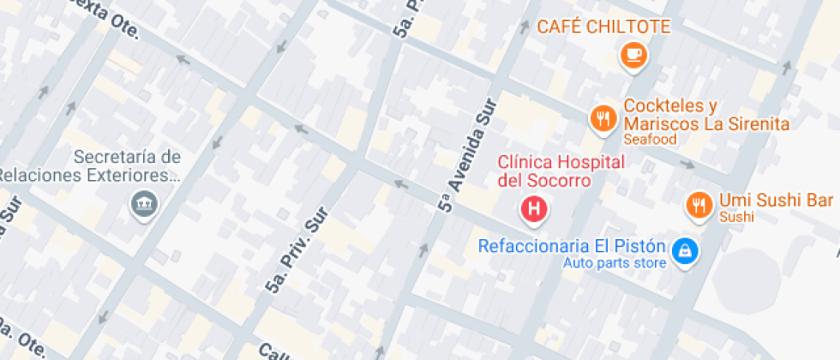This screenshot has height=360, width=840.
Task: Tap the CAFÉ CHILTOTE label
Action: [x=603, y=27]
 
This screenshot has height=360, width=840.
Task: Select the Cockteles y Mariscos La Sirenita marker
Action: [x=603, y=118]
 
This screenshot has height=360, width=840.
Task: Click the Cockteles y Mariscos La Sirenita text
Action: [x=706, y=115]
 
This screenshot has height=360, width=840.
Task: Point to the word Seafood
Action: [x=650, y=140]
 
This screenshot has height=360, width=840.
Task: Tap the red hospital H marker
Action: [x=536, y=207]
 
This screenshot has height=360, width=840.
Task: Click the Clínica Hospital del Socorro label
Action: [x=561, y=171]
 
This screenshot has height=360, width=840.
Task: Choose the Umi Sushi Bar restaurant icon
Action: [x=699, y=204]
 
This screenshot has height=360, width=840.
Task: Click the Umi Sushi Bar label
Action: [x=777, y=201]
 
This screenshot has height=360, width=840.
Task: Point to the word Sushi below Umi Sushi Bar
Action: [x=736, y=218]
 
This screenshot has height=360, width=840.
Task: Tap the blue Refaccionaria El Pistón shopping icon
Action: [x=685, y=250]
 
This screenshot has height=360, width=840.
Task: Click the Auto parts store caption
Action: [x=615, y=262]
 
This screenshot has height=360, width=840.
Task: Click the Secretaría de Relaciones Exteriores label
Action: [x=94, y=166]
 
